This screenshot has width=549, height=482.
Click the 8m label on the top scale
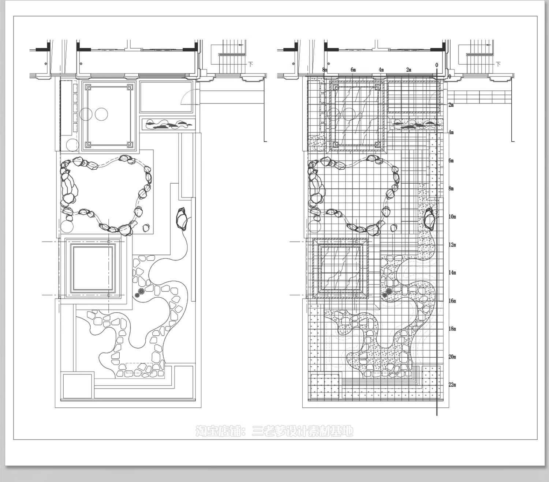[325, 69]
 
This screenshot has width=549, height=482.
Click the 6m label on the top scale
[353, 69]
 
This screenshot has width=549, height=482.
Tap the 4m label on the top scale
[381, 69]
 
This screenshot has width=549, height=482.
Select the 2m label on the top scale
[409, 69]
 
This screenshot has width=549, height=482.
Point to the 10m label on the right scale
[452, 216]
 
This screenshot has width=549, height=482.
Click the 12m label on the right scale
[452, 245]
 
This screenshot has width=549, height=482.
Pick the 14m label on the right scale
[452, 272]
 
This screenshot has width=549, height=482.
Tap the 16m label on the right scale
[452, 301]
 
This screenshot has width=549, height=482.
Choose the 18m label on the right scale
[452, 328]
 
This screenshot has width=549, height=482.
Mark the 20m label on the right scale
[452, 357]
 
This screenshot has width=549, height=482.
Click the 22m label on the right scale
[452, 384]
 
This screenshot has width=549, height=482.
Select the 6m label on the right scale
[451, 161]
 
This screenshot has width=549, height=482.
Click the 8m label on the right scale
[451, 188]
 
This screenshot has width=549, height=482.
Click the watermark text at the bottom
[274, 432]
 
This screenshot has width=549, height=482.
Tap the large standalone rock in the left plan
[182, 218]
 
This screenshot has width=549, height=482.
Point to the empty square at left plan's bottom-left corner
[77, 386]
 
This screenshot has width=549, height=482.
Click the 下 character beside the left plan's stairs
[251, 64]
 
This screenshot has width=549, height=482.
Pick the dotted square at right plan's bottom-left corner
[325, 387]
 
